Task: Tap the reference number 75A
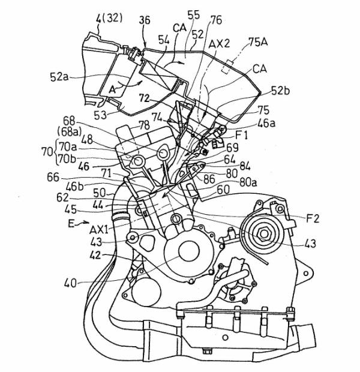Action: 260,43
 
